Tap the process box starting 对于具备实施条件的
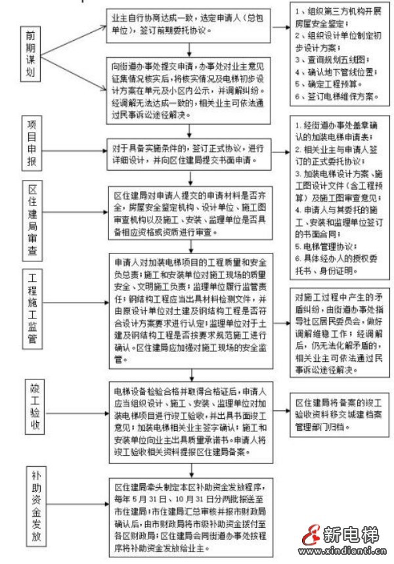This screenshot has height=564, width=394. pos(189,152)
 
